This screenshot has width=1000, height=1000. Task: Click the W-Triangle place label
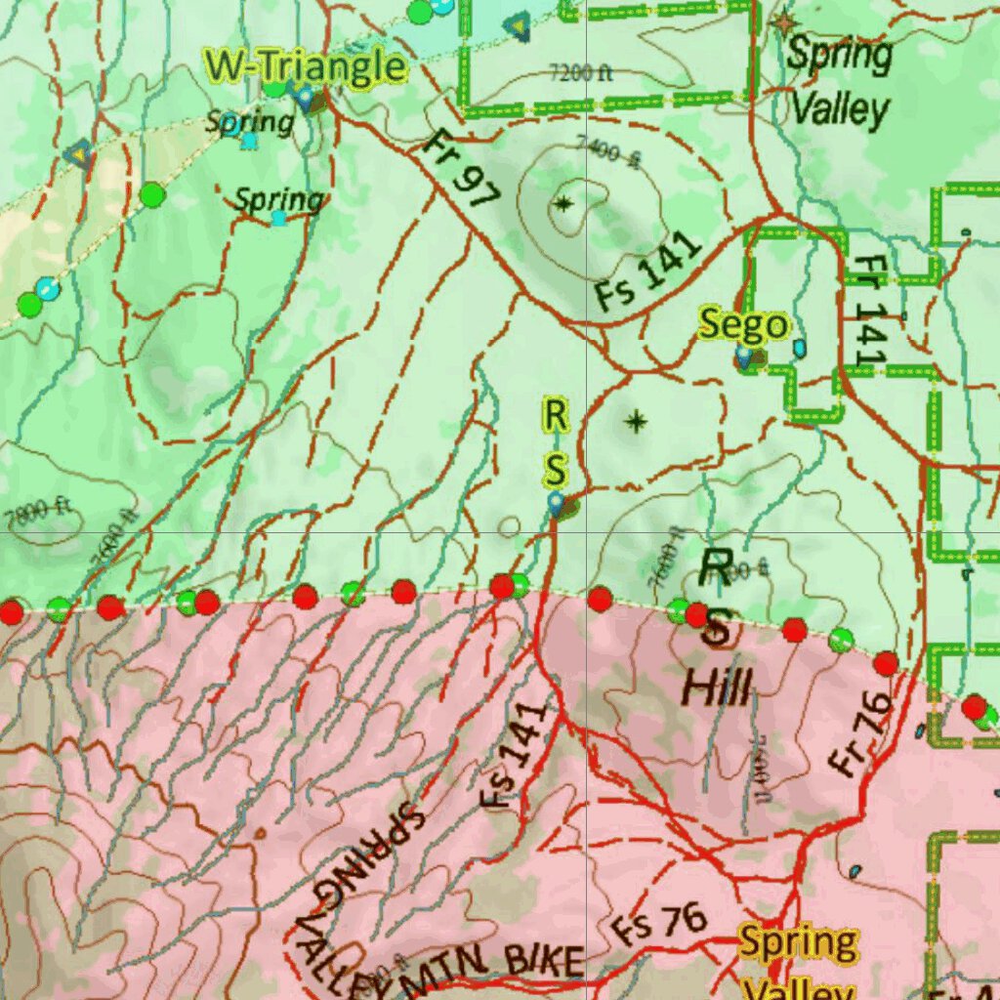[x=305, y=66]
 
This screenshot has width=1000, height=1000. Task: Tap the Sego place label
[x=743, y=324]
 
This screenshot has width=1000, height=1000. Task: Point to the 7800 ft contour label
[x=39, y=509]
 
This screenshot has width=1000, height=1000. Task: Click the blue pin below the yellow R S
[x=556, y=504]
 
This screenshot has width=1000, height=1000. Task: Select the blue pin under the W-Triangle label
[x=306, y=97]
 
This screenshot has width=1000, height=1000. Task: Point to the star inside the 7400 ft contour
[x=563, y=204]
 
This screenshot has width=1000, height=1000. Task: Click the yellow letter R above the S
[x=555, y=415]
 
